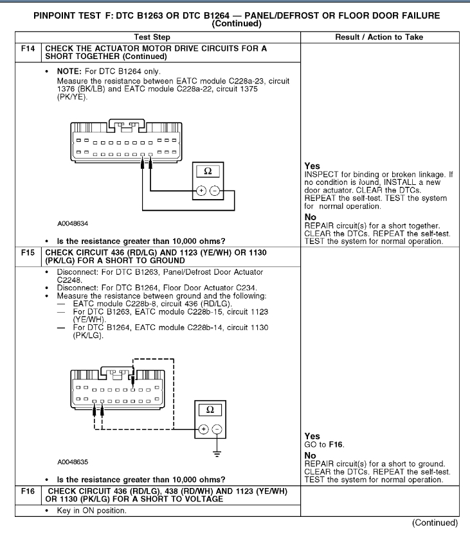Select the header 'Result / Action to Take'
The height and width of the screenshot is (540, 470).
[379, 37]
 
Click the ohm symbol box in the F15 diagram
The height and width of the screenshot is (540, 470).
[207, 408]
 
